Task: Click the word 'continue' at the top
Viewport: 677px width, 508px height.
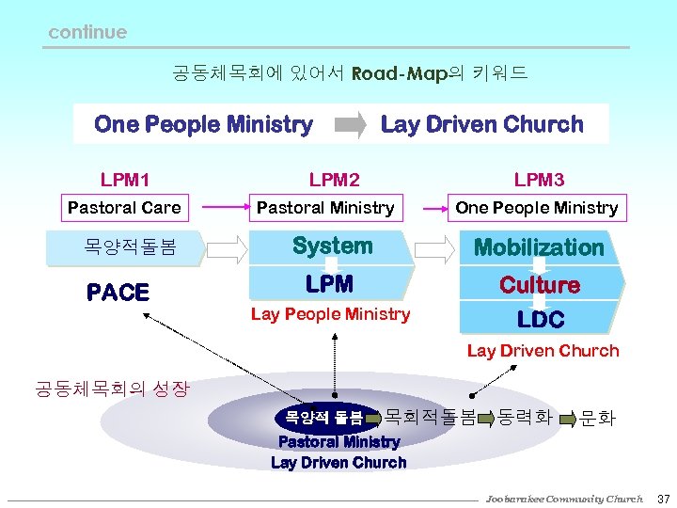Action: click(x=87, y=32)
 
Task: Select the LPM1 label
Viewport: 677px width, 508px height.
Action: click(x=124, y=179)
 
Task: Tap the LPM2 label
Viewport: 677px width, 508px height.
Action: click(x=334, y=179)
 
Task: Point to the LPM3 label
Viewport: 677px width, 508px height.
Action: click(x=539, y=179)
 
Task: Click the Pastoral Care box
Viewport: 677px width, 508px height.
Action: click(x=124, y=208)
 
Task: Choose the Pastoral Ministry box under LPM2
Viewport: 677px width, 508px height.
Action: click(x=325, y=208)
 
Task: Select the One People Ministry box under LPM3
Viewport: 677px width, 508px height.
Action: click(x=537, y=208)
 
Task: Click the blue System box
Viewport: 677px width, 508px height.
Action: click(x=332, y=246)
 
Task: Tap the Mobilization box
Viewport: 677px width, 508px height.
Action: click(x=539, y=247)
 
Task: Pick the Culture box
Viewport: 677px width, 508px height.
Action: click(x=539, y=284)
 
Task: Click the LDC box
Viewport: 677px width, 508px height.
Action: click(x=541, y=319)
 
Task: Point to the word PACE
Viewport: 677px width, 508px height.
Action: click(x=118, y=293)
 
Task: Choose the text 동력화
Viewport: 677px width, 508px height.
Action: click(x=525, y=414)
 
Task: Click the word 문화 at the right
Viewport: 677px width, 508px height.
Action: click(x=598, y=416)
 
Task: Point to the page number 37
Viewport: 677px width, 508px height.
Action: click(x=663, y=498)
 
